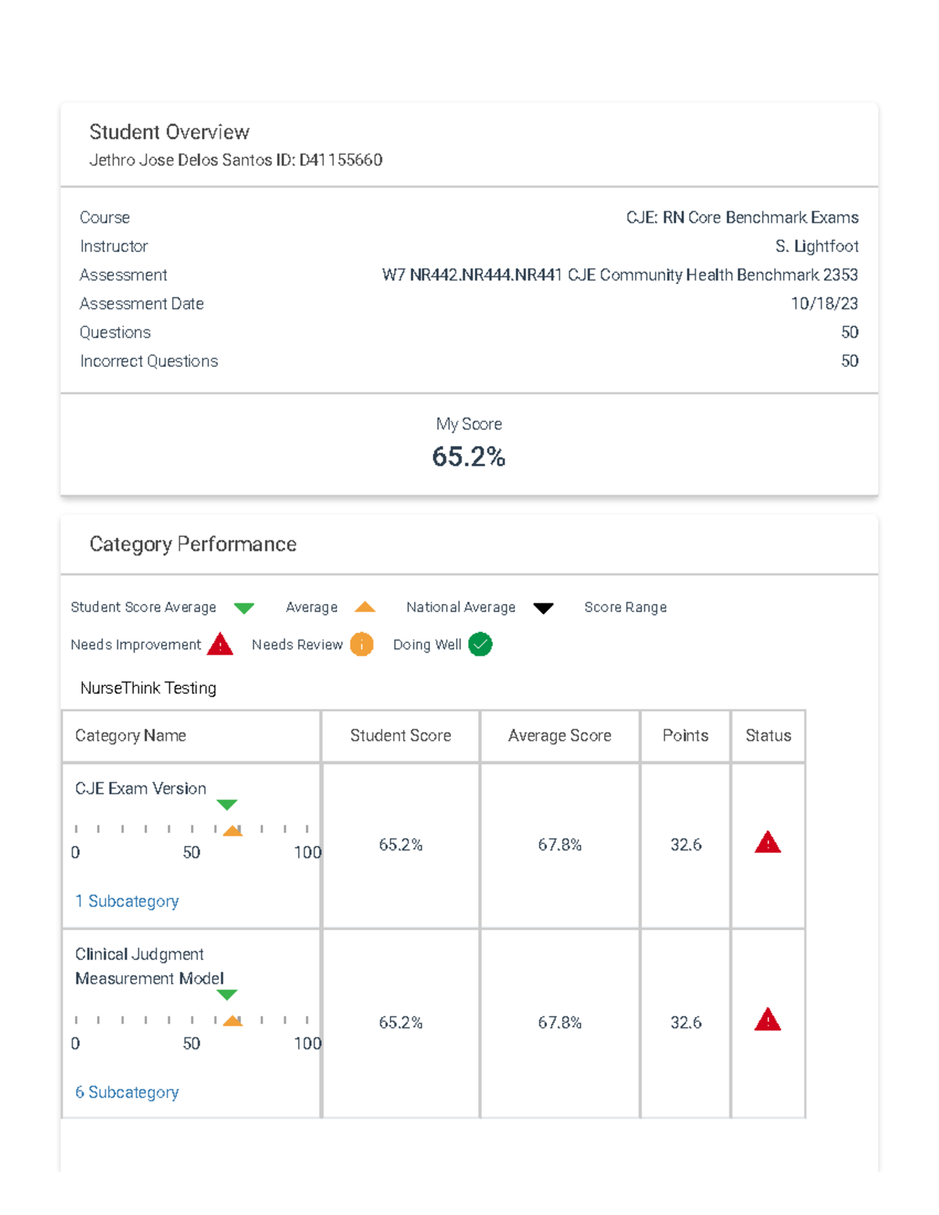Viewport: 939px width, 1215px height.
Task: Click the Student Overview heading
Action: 169,131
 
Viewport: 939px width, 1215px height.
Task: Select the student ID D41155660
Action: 340,160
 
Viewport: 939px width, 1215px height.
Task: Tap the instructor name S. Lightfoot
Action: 816,246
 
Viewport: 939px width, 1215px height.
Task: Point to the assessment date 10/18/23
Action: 824,304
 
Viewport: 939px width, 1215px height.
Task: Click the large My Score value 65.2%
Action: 469,457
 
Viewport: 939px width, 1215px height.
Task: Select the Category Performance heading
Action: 192,545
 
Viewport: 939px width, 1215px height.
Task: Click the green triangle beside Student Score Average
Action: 244,608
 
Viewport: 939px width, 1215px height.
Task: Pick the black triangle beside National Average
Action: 543,608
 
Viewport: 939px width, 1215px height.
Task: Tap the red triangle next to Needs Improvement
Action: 221,644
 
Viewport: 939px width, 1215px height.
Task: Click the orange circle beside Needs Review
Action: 362,645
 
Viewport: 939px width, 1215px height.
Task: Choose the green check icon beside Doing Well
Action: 480,645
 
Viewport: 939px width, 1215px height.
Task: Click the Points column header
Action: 685,735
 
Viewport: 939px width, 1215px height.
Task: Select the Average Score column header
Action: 559,735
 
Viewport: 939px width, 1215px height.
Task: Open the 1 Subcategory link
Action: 127,901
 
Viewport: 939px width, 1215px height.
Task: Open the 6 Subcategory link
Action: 127,1092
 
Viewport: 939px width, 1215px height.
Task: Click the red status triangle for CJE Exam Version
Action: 768,843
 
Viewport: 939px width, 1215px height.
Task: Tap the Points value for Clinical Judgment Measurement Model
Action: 685,1023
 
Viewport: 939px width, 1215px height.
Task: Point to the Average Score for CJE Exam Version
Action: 559,845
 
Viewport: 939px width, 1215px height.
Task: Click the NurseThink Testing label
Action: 148,688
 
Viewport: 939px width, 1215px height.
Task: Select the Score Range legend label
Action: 625,607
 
